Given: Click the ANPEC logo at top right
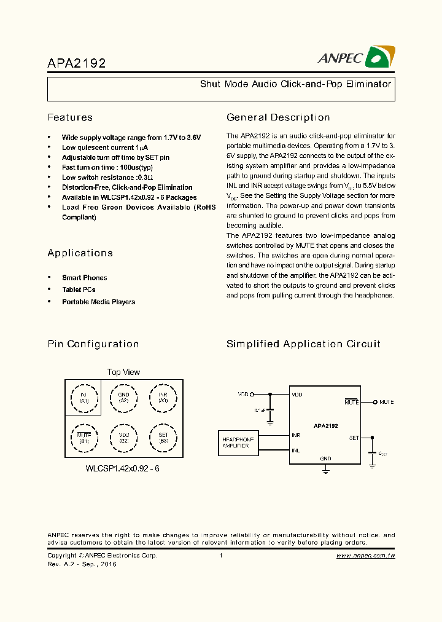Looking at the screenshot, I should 355,57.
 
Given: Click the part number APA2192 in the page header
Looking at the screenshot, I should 77,63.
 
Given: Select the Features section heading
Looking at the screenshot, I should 70,117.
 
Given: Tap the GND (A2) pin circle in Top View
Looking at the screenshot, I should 123,398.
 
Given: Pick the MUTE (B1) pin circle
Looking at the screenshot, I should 84,438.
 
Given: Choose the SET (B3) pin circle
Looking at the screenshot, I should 163,438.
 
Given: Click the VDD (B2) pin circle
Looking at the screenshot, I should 123,438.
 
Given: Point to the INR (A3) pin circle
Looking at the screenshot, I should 163,398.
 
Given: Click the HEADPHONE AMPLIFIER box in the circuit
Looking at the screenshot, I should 239,443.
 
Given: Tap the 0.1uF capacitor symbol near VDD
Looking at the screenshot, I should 270,409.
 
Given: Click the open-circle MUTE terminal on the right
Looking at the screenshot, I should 375,402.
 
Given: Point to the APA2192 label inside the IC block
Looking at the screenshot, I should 325,425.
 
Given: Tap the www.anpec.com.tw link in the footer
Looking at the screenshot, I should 365,556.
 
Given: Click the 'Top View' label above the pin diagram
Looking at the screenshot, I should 123,372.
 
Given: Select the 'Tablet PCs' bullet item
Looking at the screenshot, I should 79,289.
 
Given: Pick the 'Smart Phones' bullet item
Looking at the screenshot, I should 84,278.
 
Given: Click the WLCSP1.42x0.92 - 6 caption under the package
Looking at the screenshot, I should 123,468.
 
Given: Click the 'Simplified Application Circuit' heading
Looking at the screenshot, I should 303,344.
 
